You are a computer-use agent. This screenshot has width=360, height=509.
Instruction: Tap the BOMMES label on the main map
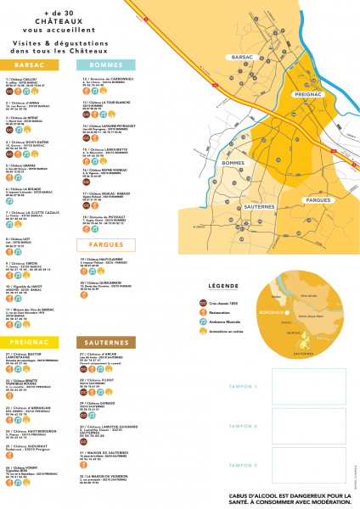(233, 162)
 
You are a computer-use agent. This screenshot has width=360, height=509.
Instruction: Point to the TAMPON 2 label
(245, 426)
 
